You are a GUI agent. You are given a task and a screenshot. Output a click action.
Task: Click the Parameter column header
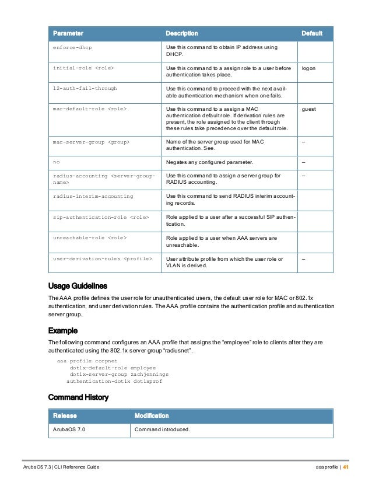[68, 33]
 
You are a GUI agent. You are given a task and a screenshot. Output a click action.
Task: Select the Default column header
[311, 33]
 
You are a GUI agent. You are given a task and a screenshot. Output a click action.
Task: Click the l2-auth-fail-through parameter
[85, 88]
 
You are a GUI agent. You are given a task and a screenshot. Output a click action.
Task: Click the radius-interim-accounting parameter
[93, 196]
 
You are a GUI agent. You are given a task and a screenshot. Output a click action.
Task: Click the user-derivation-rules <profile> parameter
[103, 259]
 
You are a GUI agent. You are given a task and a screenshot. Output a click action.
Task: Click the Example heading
[62, 330]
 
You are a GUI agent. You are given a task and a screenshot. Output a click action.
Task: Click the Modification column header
[152, 416]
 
